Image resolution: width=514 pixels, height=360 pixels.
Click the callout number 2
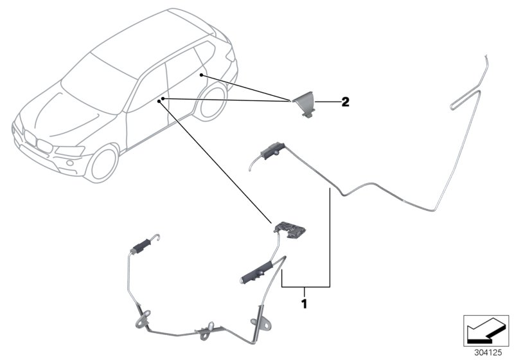(x=345, y=102)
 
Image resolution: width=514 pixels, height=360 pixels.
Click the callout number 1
(x=305, y=303)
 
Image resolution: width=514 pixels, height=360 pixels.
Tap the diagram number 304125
(x=488, y=353)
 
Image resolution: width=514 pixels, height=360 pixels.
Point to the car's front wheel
(x=103, y=163)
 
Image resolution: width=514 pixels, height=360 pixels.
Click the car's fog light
(x=69, y=163)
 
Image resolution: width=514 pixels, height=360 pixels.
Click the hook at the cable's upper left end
(x=156, y=238)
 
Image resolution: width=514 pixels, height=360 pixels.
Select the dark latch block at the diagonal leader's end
(x=291, y=230)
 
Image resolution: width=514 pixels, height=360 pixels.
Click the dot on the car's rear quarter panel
(x=201, y=75)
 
